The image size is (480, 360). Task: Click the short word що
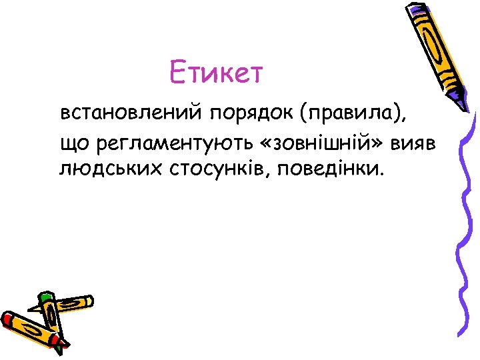74,141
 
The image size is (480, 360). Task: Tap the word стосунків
212,167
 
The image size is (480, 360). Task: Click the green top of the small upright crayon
45,297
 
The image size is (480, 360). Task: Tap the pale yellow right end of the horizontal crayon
87,301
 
